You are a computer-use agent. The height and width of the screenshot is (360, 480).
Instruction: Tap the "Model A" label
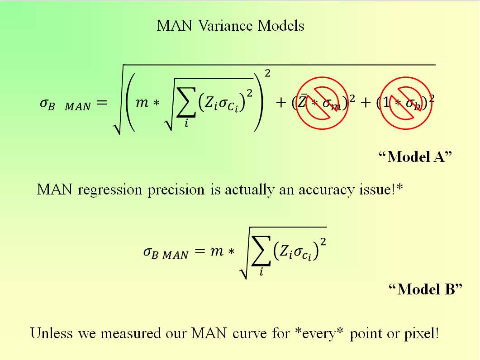[415, 157]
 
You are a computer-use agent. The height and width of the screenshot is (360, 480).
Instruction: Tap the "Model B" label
[426, 289]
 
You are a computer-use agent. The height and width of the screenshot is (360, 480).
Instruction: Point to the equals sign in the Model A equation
[101, 104]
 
